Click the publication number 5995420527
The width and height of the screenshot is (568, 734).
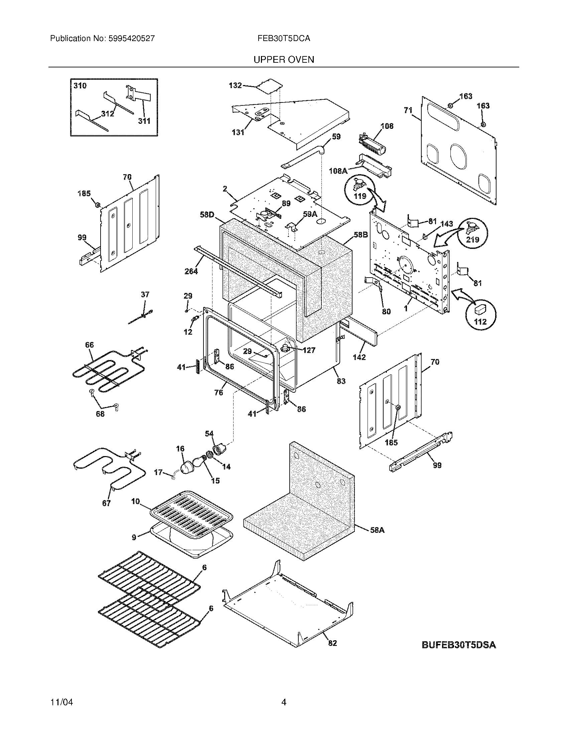click(132, 38)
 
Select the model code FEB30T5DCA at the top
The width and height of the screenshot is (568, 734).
click(284, 38)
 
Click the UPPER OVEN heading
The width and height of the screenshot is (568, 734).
click(284, 59)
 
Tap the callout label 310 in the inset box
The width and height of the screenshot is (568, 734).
click(80, 86)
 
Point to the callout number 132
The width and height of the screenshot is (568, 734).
click(235, 85)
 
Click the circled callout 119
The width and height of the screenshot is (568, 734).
click(360, 196)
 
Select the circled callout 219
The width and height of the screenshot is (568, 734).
click(472, 239)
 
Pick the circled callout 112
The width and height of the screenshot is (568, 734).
click(480, 322)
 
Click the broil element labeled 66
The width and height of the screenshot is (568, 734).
click(108, 370)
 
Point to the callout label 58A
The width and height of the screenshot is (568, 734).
click(377, 530)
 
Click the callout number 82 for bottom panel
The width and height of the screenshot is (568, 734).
click(332, 643)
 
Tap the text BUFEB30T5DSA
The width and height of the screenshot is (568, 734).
click(459, 645)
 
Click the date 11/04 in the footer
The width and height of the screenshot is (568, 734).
click(61, 702)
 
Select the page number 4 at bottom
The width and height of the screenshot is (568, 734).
click(284, 702)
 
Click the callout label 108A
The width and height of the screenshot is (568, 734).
click(338, 171)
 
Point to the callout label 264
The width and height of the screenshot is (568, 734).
click(191, 271)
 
